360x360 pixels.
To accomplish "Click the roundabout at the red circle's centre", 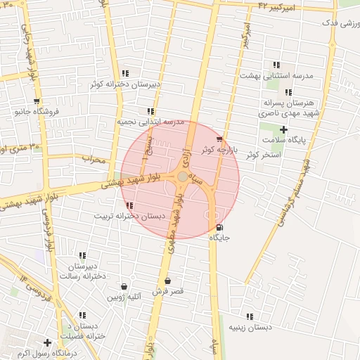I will tap(183, 176).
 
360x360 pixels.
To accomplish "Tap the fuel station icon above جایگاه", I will tap(220, 227).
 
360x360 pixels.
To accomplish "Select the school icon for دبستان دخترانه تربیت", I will tap(130, 205).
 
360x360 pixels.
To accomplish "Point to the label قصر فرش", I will tap(168, 291).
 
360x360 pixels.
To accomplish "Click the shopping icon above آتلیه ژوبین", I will tap(124, 286).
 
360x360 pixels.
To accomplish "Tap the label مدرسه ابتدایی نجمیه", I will tap(150, 122).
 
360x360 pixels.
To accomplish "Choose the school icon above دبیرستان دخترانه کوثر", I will tap(124, 73).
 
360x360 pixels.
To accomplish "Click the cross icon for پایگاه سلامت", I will tap(283, 129).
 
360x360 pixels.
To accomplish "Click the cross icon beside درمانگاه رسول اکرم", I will tap(47, 342).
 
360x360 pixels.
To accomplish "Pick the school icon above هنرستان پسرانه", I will tap(288, 92).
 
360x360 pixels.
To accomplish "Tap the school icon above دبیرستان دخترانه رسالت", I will tap(82, 256).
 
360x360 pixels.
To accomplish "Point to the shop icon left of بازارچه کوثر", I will tap(219, 139).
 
